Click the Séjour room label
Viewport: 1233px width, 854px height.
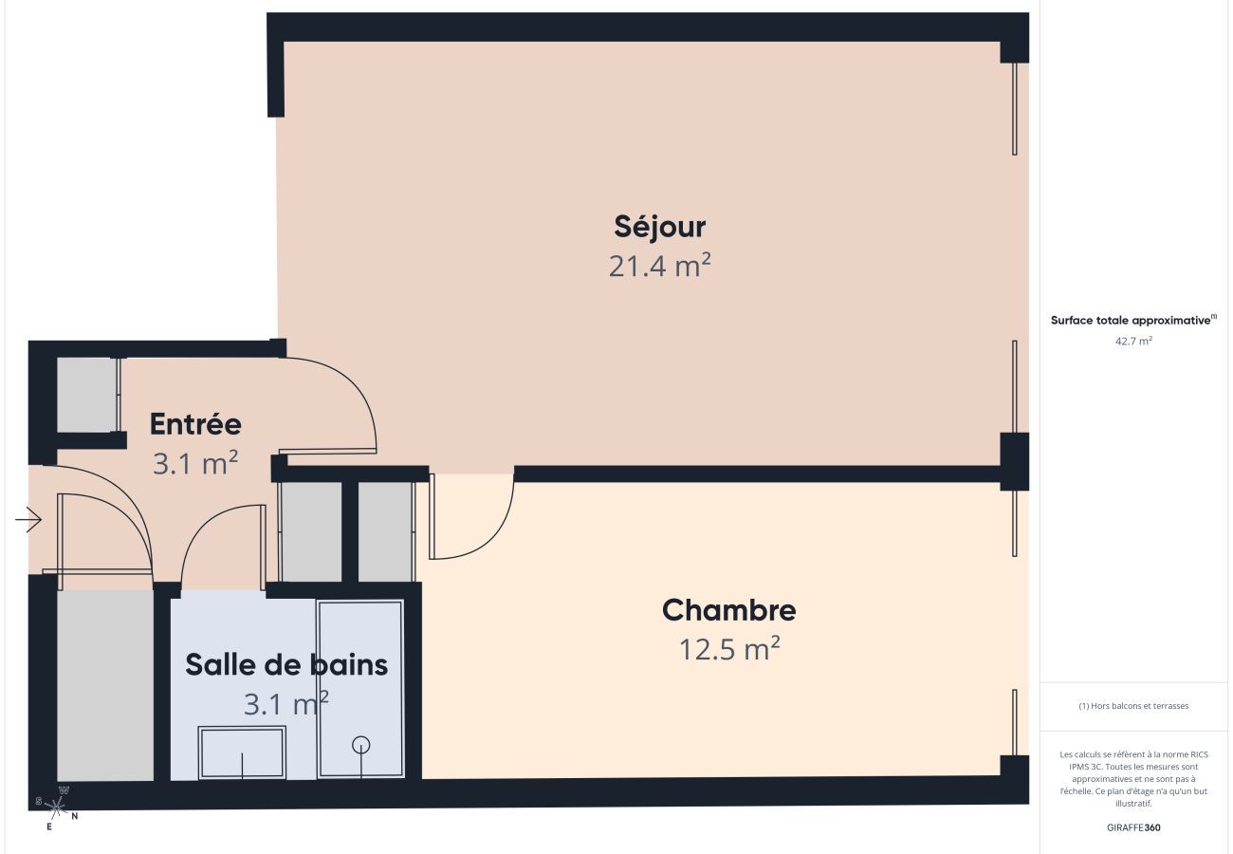(660, 227)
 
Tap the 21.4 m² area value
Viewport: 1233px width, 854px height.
(660, 267)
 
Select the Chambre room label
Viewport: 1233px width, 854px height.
(728, 610)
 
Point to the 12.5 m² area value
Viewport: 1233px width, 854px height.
(728, 650)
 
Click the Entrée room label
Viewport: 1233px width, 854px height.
(195, 423)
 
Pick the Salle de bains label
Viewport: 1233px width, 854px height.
(286, 664)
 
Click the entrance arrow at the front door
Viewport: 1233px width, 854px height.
(29, 520)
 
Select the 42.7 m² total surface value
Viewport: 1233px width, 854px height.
(1133, 341)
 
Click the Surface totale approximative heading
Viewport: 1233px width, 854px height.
(1133, 321)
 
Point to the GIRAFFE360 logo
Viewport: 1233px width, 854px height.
(1133, 827)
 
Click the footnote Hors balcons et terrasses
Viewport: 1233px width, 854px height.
(1133, 706)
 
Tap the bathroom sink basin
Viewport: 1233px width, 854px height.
(242, 753)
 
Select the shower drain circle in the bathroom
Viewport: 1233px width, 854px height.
(360, 745)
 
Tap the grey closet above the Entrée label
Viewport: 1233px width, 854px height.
(86, 395)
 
